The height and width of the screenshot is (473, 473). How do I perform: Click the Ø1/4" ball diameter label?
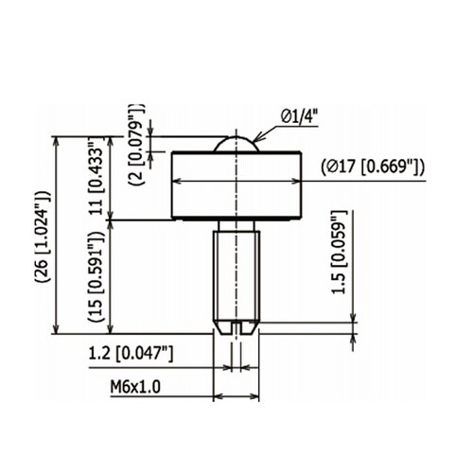(299, 116)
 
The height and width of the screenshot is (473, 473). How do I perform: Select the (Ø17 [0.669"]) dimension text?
(373, 166)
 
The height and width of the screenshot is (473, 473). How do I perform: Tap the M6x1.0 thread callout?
(135, 387)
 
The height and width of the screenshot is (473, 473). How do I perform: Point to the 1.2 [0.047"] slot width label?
(131, 353)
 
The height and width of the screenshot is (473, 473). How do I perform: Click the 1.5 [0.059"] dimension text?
(339, 253)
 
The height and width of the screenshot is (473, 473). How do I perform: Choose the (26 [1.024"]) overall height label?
(44, 236)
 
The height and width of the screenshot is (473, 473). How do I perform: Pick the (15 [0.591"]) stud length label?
(96, 276)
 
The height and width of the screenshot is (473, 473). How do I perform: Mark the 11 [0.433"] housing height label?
(96, 177)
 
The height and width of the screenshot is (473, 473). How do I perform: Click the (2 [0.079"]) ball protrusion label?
(136, 145)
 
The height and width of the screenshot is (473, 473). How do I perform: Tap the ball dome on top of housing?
(236, 144)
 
